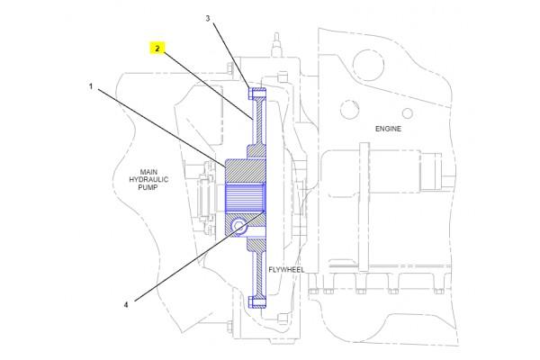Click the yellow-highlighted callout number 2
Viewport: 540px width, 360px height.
157,50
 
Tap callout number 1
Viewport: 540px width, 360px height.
91,86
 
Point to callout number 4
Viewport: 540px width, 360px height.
127,304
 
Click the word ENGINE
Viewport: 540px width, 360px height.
387,129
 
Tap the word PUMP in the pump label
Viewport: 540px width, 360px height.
148,189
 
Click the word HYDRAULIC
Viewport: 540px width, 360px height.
148,180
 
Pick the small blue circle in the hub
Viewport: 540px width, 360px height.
238,225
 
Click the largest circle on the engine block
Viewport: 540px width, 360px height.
366,62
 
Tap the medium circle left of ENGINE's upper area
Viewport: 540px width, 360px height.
346,112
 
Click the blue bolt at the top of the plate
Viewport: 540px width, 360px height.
255,92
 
